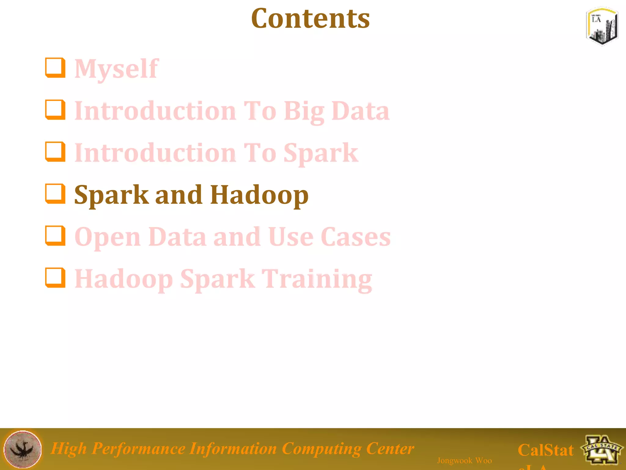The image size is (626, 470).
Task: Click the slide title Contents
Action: coord(310,19)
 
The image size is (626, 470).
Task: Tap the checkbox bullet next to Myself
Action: coord(55,68)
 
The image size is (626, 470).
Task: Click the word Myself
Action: coord(116,69)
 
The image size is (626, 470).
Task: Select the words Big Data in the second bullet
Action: coord(336,111)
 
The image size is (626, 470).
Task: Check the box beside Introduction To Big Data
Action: coord(55,110)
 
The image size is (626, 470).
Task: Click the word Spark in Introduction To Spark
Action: coord(321,153)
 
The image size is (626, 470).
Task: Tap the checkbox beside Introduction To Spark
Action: coord(55,151)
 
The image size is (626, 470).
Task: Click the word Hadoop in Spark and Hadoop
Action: coord(259,195)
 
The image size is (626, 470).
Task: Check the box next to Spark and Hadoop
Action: coord(55,193)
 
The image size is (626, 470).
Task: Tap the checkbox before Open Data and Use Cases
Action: coord(55,236)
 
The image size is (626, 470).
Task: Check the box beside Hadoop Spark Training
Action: coord(55,278)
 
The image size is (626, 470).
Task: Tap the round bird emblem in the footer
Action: coord(22,449)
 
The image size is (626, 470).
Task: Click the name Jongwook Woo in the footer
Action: coord(464,460)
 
